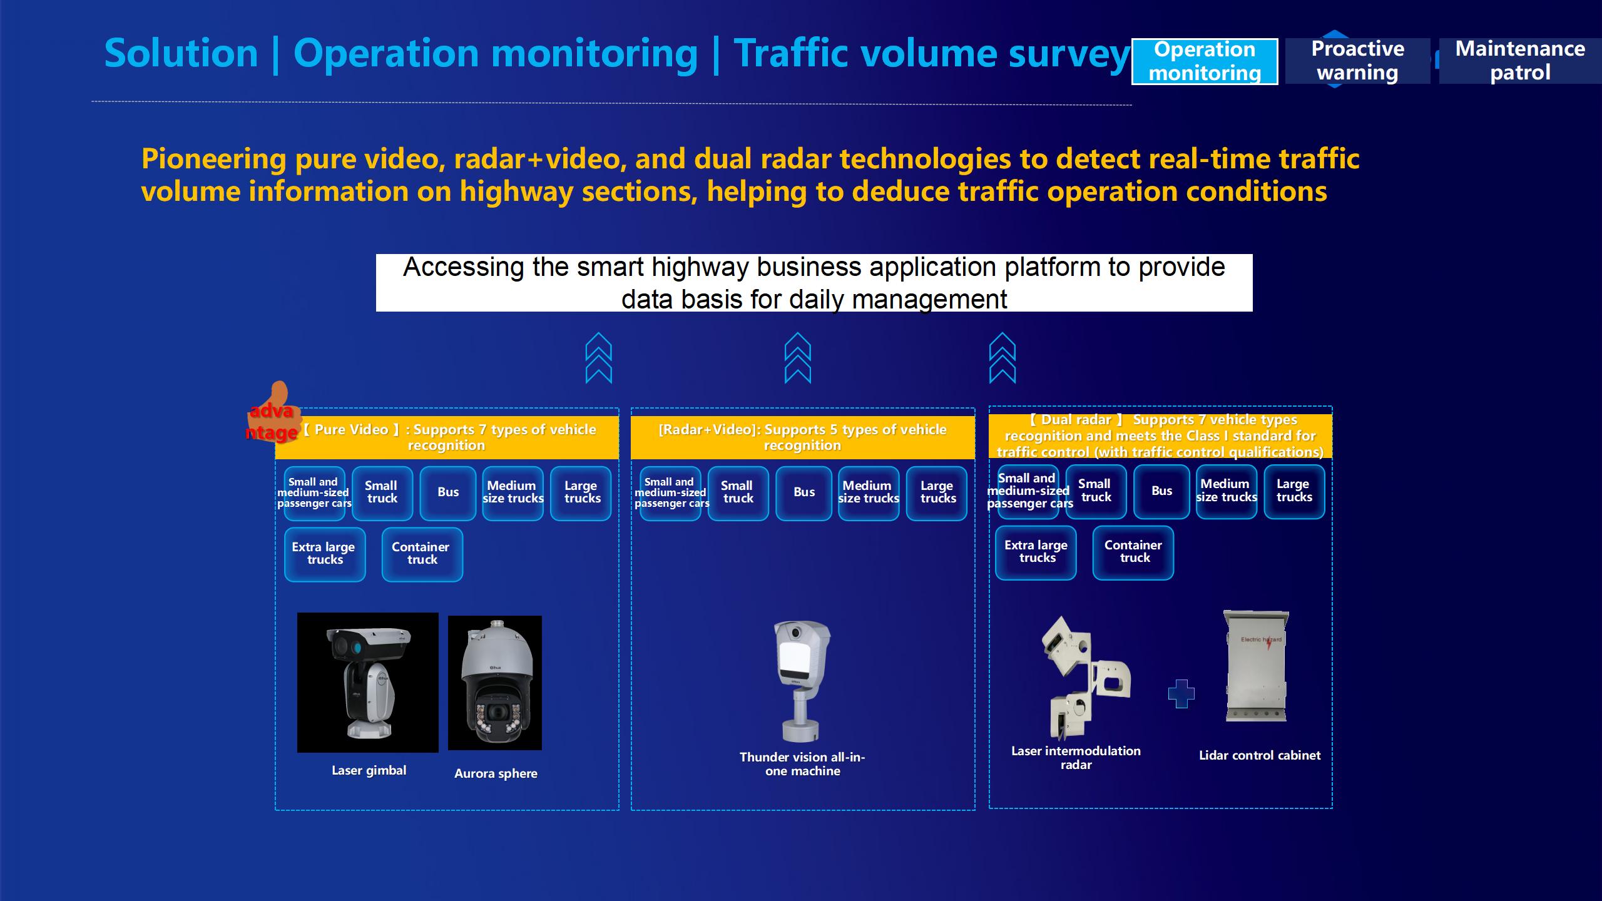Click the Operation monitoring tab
pos(1205,61)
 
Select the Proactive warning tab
pos(1357,61)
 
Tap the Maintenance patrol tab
pos(1520,61)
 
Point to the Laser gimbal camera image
pos(368,683)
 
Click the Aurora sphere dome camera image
pos(495,683)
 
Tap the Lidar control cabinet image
pos(1256,666)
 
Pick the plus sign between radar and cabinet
pos(1181,694)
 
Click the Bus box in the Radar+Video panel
pos(804,493)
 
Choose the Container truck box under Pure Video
pos(422,554)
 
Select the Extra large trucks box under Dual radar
pos(1036,552)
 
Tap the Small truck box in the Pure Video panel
pos(382,493)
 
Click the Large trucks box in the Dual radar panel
pos(1294,491)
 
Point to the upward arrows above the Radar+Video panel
pos(798,358)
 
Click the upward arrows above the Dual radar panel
pos(1003,358)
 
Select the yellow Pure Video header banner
pos(447,437)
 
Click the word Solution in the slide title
pos(181,53)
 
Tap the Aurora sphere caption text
pos(496,773)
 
